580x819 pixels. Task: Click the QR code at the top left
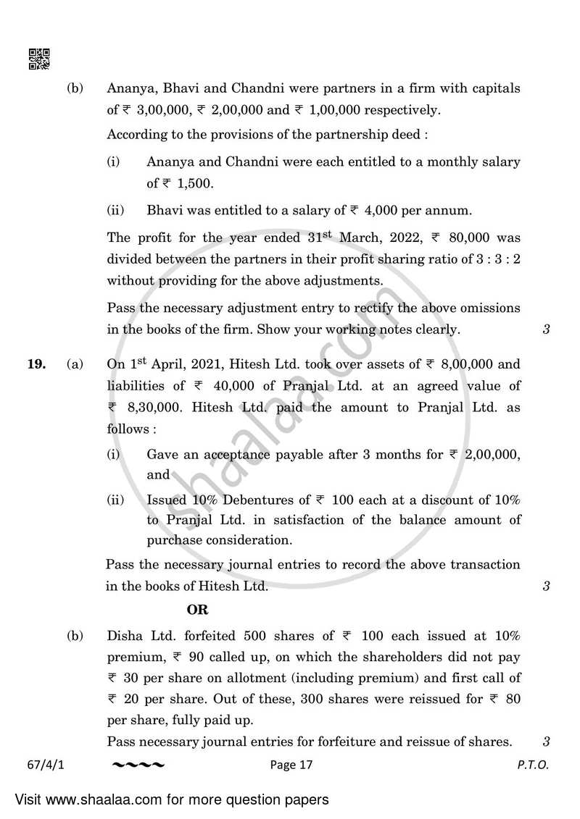[x=39, y=59]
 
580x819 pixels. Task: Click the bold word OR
[x=197, y=610]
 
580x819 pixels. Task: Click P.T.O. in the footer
[x=533, y=764]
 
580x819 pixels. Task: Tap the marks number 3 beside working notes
[x=545, y=329]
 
